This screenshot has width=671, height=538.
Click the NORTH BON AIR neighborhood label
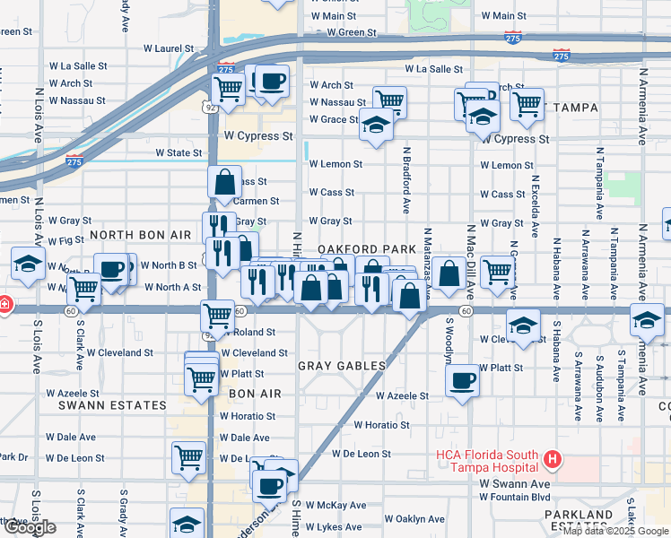140,234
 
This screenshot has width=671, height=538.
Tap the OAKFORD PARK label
366,248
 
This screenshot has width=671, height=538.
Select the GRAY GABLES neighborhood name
342,366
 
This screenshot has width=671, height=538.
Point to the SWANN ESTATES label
112,405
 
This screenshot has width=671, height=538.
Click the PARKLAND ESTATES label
578,521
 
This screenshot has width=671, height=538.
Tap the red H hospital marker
553,460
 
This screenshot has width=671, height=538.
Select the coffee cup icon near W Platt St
463,379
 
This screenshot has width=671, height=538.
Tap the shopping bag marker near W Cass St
225,182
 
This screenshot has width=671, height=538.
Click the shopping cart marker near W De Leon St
188,456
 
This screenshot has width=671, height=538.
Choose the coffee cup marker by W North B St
113,269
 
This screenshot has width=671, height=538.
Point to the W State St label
179,153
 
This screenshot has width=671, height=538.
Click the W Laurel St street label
161,48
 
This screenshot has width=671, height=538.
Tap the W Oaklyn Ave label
414,519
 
